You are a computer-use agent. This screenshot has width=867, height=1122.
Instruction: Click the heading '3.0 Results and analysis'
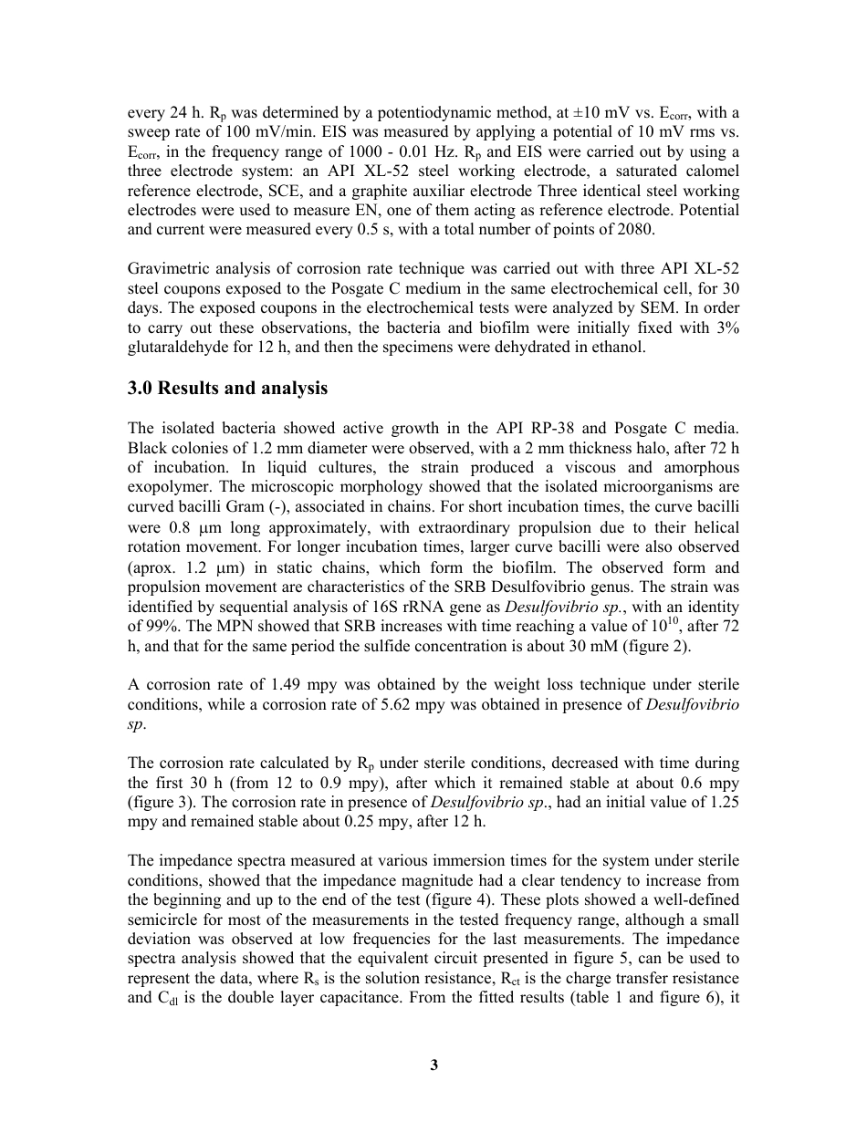tap(226, 389)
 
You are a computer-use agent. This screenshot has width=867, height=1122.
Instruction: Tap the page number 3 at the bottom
tap(433, 1064)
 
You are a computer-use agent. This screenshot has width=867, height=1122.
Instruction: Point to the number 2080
tap(635, 230)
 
